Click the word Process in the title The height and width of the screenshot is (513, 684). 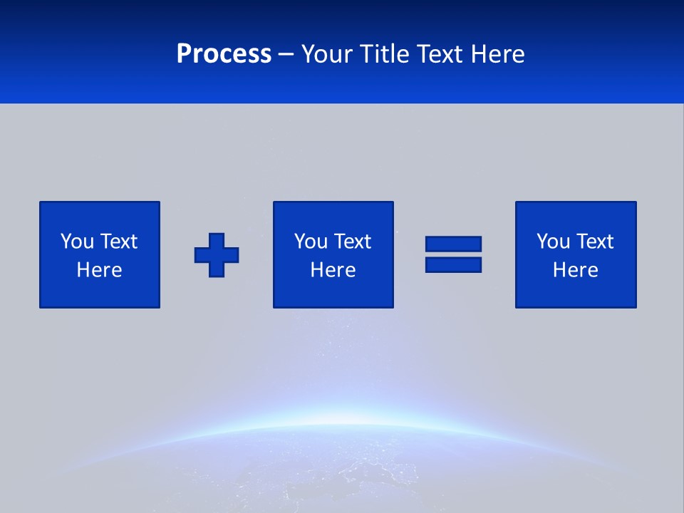pos(224,54)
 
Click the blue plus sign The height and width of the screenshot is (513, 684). pos(217,255)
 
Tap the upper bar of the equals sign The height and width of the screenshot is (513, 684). pos(453,244)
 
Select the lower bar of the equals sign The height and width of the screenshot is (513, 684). pos(453,265)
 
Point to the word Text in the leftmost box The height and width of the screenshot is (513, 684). pos(118,242)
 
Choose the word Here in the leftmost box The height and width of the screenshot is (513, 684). pos(99,270)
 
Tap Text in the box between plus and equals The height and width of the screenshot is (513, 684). pos(352,242)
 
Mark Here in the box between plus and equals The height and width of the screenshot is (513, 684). pos(333,270)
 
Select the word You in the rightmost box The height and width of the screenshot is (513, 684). pos(554,242)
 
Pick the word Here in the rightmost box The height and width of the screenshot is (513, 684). pos(575,270)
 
